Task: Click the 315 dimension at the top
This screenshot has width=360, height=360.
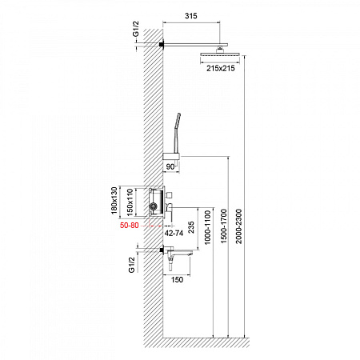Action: point(191,16)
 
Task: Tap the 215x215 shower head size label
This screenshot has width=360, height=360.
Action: point(221,68)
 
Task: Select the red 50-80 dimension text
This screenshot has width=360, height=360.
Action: point(129,226)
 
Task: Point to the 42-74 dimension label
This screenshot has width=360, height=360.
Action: point(174,234)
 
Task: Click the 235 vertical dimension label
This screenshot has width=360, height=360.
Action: point(191,227)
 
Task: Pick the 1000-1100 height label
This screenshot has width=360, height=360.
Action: point(207,227)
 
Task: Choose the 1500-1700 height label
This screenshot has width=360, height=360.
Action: point(223,226)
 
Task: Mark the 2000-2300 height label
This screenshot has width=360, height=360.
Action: point(238,226)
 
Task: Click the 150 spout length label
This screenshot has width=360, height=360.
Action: point(177,280)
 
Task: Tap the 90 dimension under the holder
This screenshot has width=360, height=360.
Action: point(170,166)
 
